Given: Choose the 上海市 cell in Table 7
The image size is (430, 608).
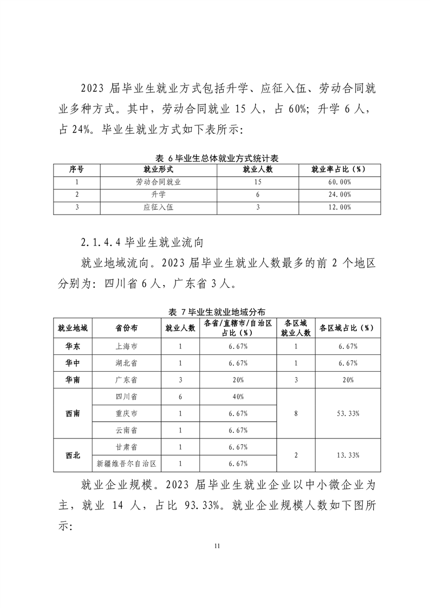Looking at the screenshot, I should pos(126,346).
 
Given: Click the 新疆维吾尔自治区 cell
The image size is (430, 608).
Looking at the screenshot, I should pos(126,463).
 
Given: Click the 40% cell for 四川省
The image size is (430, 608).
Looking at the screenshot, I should pos(238,397).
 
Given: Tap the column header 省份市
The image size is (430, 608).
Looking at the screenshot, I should pos(126,328).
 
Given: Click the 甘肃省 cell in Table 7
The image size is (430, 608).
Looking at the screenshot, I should pos(126,447).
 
